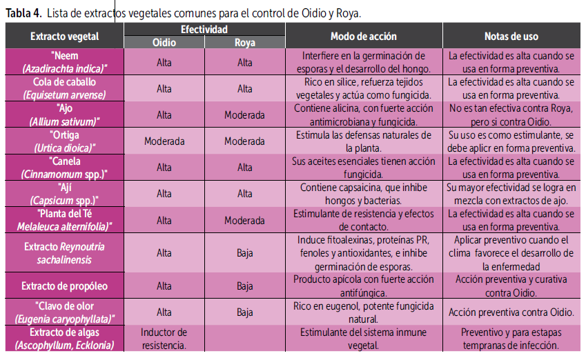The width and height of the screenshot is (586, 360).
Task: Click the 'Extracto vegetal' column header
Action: tap(64, 36)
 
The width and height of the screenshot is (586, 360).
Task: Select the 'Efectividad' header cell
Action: tap(204, 30)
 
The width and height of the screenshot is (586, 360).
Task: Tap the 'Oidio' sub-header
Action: tap(164, 43)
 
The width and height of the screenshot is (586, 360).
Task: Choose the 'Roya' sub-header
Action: tap(244, 43)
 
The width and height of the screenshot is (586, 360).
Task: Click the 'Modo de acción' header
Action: tap(364, 36)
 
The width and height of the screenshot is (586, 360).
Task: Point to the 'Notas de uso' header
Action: tap(511, 36)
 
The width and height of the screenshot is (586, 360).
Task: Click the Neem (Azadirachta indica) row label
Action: tap(64, 62)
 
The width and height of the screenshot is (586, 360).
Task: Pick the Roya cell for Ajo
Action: tap(244, 114)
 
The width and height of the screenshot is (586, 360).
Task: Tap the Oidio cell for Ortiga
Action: tap(164, 141)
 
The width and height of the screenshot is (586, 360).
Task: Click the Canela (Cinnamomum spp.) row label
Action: tap(64, 167)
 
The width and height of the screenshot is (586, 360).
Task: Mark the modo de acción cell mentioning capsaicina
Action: tap(364, 194)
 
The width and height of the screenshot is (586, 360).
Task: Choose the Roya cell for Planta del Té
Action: tap(244, 220)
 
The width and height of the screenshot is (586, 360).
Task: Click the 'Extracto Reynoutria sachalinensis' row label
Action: tap(64, 252)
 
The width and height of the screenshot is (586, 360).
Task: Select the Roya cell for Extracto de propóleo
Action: tap(244, 286)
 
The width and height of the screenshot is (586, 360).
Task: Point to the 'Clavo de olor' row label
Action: tap(64, 312)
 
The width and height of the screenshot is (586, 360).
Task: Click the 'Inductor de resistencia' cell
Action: tap(164, 338)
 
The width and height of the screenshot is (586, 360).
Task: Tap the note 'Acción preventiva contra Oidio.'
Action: tap(511, 312)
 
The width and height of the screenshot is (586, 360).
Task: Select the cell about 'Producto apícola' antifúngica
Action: tap(364, 286)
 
